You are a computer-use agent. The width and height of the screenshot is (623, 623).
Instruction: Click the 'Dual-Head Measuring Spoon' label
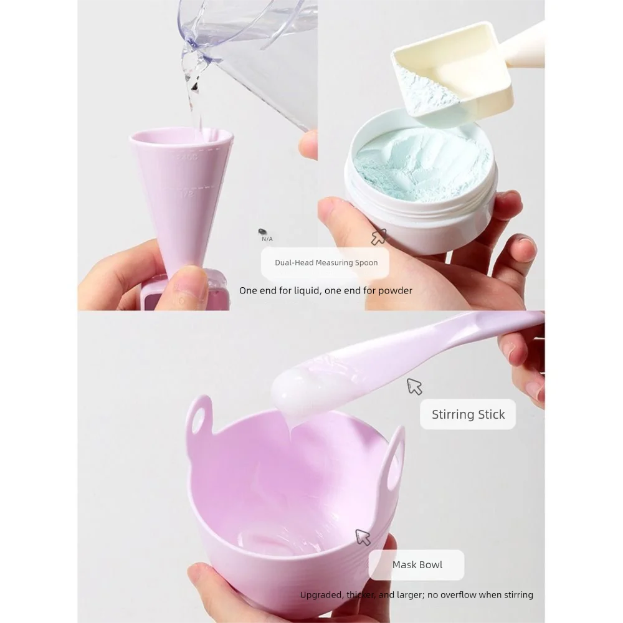point(326,262)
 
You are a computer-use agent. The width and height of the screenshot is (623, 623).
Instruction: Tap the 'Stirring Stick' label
point(468,414)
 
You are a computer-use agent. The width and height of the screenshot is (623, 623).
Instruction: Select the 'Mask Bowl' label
point(417,564)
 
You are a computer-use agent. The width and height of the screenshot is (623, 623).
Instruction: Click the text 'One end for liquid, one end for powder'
point(325,290)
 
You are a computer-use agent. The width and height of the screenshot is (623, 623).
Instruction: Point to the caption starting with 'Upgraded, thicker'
point(416,595)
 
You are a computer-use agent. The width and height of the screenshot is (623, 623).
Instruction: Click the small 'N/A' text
point(267,239)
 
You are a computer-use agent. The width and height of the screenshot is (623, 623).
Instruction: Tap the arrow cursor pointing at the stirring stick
point(414,386)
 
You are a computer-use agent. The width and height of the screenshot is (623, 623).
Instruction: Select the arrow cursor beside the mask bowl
point(362,537)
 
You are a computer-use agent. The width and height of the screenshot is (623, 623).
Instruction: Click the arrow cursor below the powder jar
point(378,237)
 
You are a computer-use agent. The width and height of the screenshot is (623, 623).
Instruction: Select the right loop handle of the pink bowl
point(396,464)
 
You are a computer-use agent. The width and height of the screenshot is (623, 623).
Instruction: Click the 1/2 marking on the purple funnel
point(185,194)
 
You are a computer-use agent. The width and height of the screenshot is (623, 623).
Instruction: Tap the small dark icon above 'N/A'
point(263,232)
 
